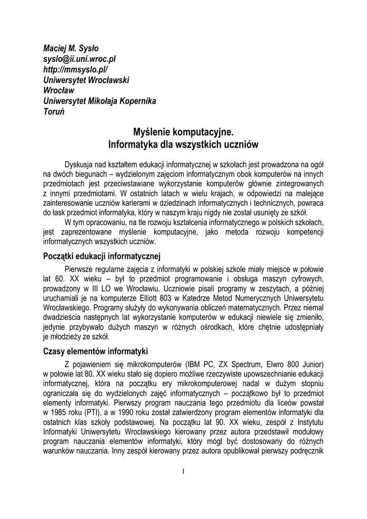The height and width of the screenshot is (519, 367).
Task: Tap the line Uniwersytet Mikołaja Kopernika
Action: coord(99,101)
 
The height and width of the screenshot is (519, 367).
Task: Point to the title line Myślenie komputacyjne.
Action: coord(183,133)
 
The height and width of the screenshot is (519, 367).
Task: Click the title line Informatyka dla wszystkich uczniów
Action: coord(183,145)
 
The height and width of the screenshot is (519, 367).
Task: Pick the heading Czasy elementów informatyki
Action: coord(95,351)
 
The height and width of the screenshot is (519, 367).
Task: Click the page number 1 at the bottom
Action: coord(183,472)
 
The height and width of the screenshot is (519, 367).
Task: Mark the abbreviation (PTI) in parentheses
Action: coord(90,413)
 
